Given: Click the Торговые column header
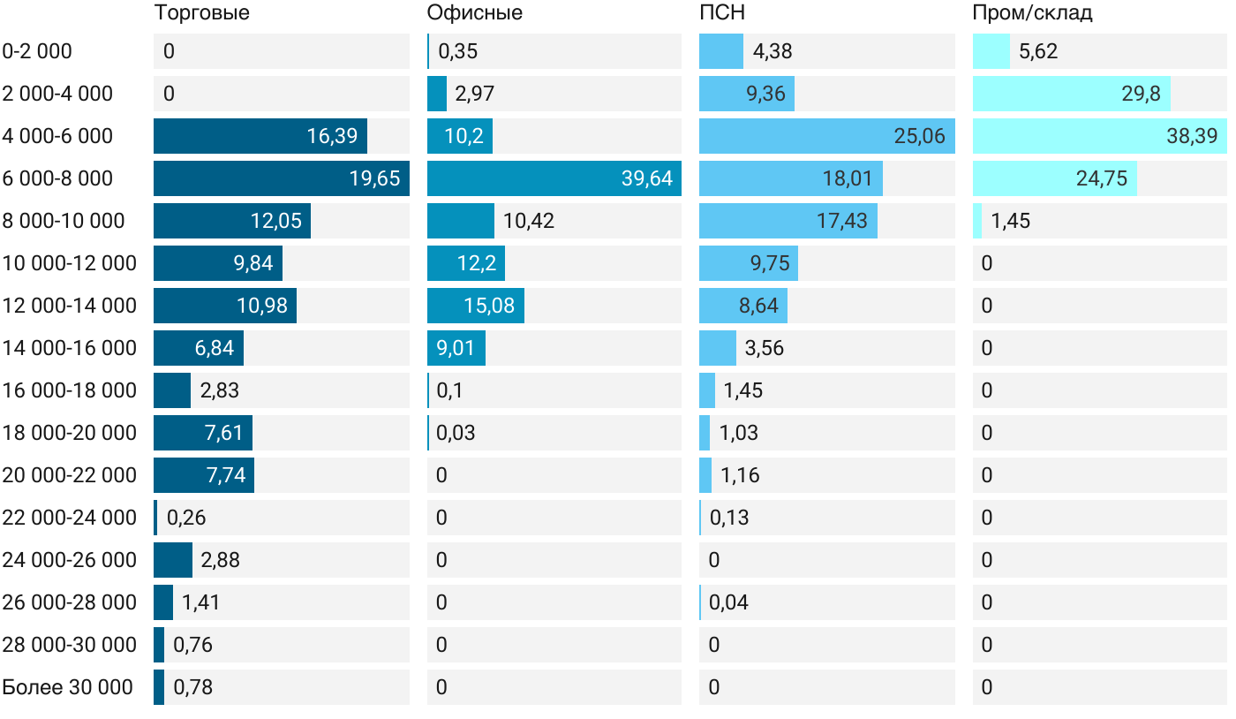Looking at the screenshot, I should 201,13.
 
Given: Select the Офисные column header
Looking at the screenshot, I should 474,13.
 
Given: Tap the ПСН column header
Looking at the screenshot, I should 722,13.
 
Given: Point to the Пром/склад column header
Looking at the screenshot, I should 1032,13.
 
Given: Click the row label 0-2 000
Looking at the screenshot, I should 37,51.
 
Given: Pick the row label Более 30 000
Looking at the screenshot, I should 67,687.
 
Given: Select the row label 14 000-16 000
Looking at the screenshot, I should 69,348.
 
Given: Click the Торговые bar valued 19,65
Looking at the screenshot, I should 281,178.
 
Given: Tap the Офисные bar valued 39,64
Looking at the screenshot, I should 554,178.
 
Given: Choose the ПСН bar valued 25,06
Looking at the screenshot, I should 826,136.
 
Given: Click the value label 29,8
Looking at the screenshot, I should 1141,94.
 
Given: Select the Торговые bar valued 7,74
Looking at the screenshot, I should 203,475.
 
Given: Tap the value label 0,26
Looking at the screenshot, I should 186,518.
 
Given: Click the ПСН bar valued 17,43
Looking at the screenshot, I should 788,221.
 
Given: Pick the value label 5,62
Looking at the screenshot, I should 1038,51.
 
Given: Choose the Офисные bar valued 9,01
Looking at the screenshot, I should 456,348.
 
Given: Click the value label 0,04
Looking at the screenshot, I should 728,602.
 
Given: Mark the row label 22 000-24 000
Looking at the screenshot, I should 69,518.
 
